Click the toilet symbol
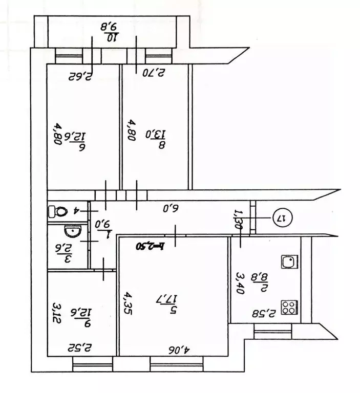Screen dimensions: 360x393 coord(58,210)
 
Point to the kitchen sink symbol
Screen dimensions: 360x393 coord(289,262)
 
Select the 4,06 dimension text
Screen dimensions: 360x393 coord(177,349)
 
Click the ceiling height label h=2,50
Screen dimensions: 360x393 coord(149,245)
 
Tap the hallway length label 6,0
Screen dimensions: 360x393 coord(170,209)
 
